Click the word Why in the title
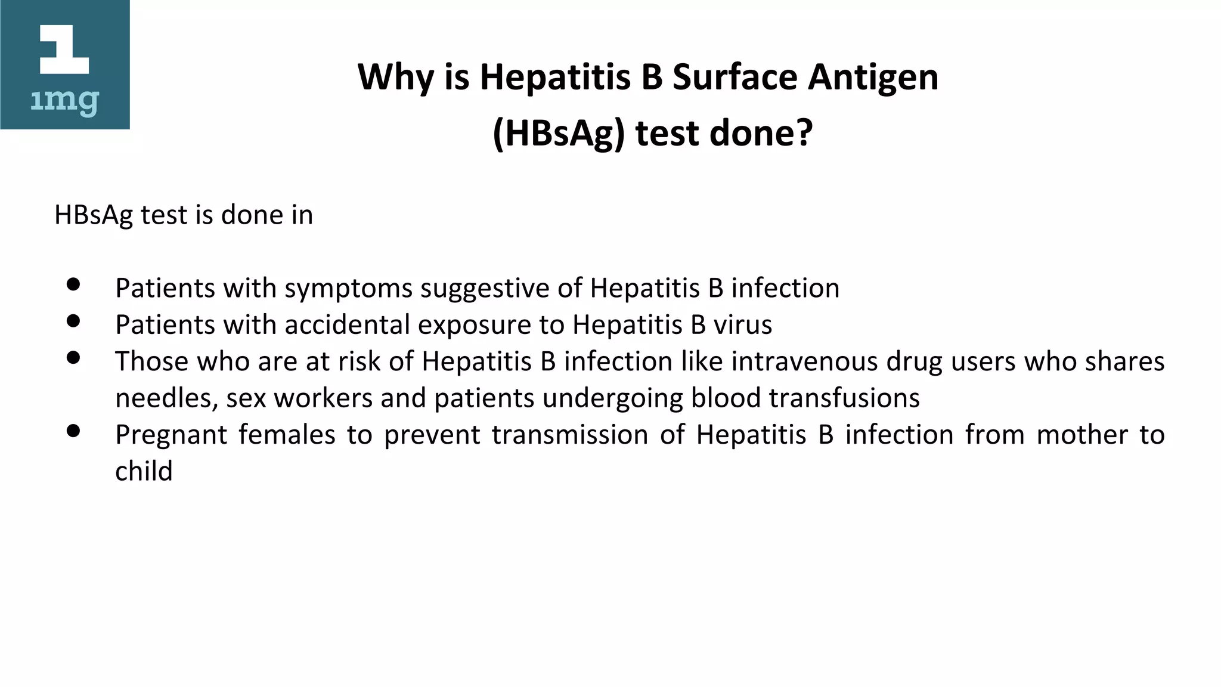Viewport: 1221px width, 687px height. (395, 78)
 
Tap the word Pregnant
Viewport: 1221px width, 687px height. (171, 435)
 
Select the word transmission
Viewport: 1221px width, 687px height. (569, 435)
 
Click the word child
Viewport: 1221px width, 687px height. (144, 471)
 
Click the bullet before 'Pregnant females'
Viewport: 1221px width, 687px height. (73, 431)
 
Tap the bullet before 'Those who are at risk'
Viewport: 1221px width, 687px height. (73, 357)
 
